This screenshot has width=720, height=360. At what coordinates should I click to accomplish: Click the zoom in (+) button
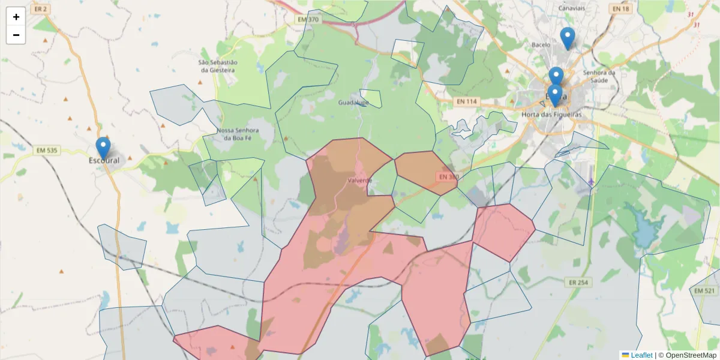[16, 17]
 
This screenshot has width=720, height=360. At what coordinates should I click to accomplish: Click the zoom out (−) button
[16, 35]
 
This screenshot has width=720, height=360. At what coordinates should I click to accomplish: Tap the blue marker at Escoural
[103, 148]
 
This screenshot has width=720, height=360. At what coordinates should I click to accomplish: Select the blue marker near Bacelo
[567, 38]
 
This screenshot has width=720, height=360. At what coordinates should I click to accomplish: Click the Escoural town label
[104, 161]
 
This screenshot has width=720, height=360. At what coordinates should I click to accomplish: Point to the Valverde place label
[360, 180]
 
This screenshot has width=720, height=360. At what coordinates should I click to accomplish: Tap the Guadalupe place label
[353, 103]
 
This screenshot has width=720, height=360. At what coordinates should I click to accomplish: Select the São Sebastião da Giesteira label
[218, 66]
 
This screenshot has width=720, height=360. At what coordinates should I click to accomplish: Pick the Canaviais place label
[571, 8]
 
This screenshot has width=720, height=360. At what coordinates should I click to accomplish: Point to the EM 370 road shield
[308, 20]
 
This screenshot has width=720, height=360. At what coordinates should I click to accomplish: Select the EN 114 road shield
[466, 101]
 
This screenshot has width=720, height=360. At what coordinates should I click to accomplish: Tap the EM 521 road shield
[704, 290]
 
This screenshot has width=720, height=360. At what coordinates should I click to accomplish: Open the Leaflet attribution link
[641, 355]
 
